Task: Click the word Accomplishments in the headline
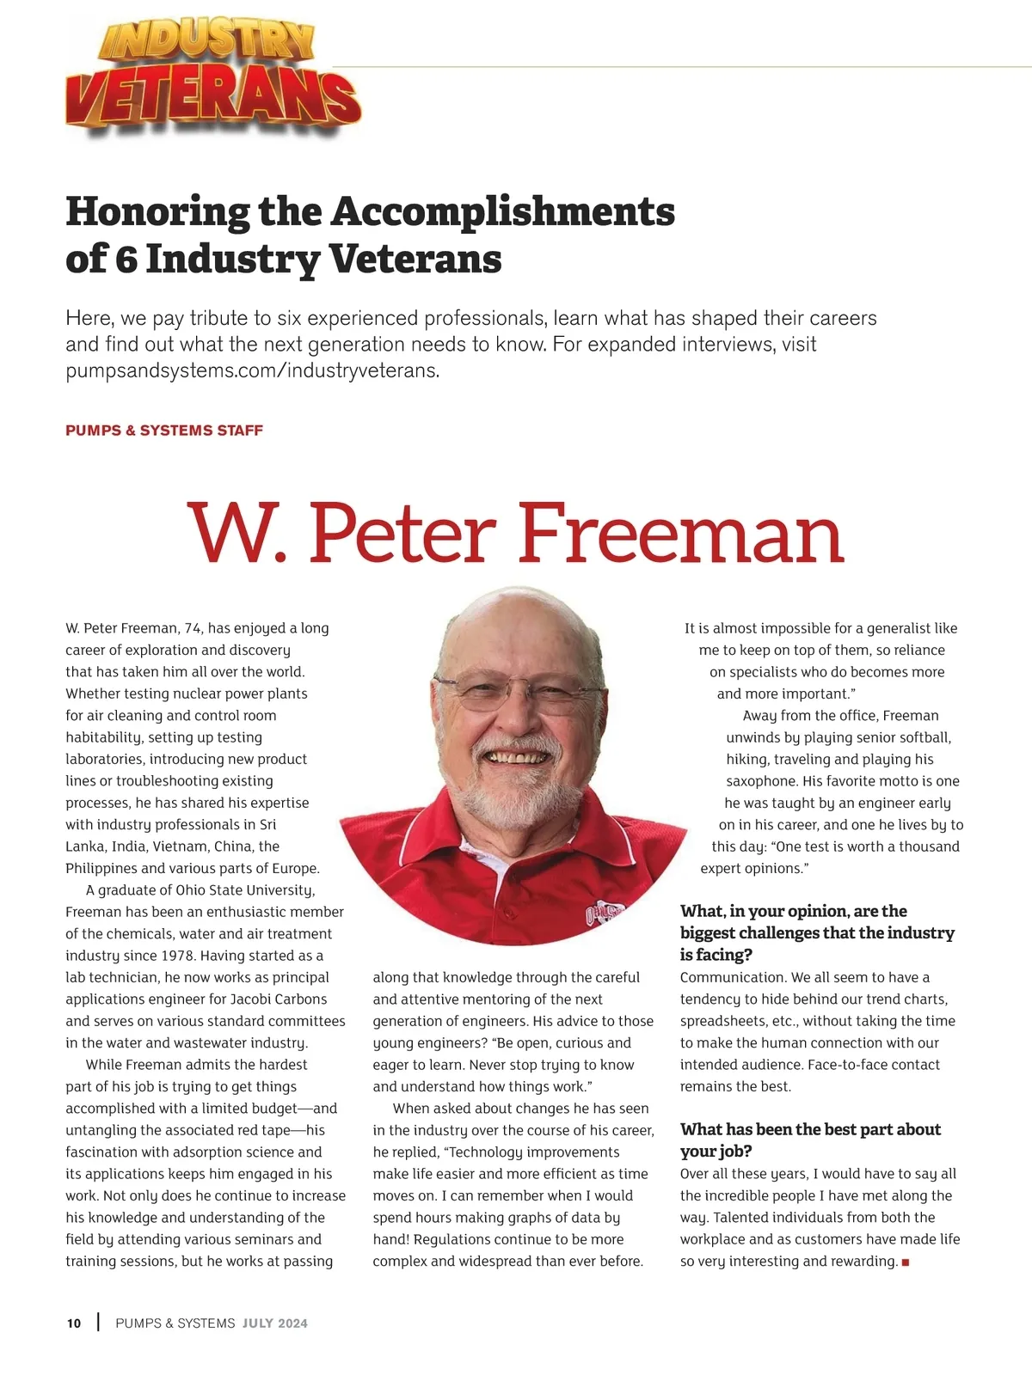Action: pos(503,211)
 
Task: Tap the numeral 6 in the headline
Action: pos(126,259)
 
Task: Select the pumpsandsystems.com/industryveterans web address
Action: pos(252,371)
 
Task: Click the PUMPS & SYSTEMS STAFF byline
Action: pos(164,431)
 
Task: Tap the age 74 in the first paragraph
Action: pos(193,628)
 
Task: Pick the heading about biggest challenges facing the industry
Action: pos(817,932)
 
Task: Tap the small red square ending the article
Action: pos(906,1262)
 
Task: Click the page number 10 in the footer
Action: pos(74,1323)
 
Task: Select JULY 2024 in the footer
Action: pos(274,1323)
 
